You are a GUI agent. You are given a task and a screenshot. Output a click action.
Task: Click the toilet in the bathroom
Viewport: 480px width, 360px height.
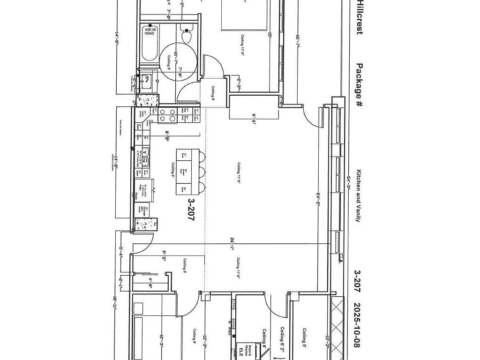pos(187,35)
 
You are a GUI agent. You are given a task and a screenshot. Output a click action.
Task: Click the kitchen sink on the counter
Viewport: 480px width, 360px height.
pos(146,152)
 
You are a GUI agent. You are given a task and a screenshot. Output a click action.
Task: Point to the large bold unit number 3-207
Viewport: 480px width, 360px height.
pos(191,209)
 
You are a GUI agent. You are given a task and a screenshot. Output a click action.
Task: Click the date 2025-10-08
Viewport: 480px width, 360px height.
pos(357,325)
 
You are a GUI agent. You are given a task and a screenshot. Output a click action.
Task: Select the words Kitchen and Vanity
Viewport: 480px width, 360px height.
pos(359,195)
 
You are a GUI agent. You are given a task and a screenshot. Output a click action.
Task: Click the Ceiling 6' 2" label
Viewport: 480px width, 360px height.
pos(283,341)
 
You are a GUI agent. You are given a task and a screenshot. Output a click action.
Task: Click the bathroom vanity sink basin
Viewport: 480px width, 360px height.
pos(147,79)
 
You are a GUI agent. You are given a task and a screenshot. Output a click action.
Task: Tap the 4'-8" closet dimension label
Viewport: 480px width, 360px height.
pos(150,283)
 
